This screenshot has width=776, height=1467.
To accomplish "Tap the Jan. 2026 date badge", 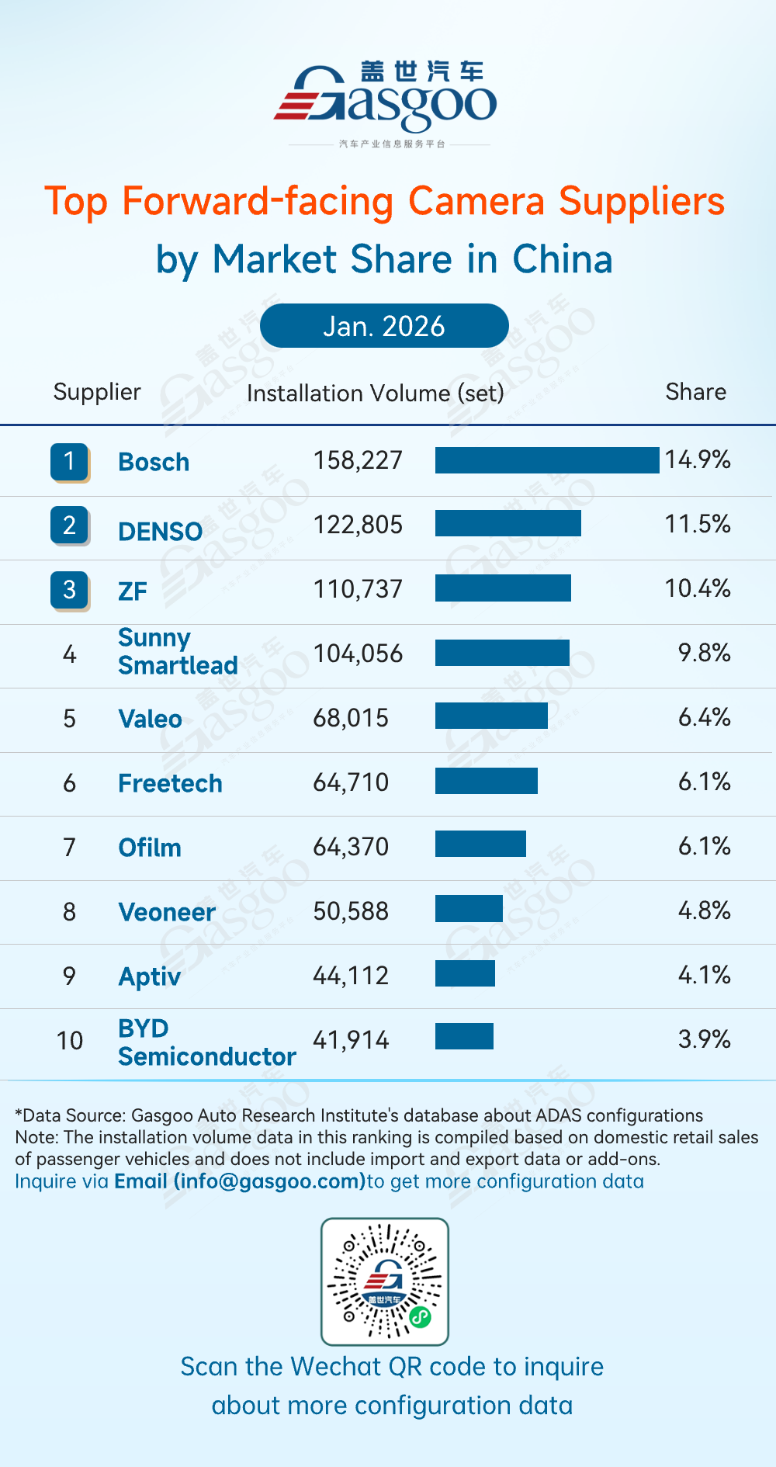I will pyautogui.click(x=384, y=326).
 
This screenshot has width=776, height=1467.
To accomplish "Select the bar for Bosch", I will pyautogui.click(x=547, y=460).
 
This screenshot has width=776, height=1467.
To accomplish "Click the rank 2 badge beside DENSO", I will pyautogui.click(x=70, y=525).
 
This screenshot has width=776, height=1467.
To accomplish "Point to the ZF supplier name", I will pyautogui.click(x=133, y=591).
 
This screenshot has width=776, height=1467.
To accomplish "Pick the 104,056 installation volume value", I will pyautogui.click(x=358, y=654).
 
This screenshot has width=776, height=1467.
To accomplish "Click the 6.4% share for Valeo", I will pyautogui.click(x=704, y=717).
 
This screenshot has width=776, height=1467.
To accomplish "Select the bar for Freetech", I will pyautogui.click(x=487, y=781).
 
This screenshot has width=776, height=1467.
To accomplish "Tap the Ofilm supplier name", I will pyautogui.click(x=150, y=848).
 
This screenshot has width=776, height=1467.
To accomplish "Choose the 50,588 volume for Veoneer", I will pyautogui.click(x=351, y=911).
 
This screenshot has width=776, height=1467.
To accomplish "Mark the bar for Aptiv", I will pyautogui.click(x=465, y=973).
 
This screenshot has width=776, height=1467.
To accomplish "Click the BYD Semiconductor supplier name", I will pyautogui.click(x=206, y=1042).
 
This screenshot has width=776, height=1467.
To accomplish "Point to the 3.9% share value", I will pyautogui.click(x=704, y=1039).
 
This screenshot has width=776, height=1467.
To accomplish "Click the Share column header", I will pyautogui.click(x=695, y=392).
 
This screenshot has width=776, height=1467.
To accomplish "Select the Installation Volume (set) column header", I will pyautogui.click(x=375, y=394).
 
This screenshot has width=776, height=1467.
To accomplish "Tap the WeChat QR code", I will pyautogui.click(x=385, y=1281).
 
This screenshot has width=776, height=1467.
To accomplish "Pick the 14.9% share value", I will pyautogui.click(x=698, y=460).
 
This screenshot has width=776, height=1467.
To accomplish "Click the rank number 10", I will pyautogui.click(x=70, y=1041).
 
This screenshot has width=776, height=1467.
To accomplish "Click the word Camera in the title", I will pyautogui.click(x=476, y=201).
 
